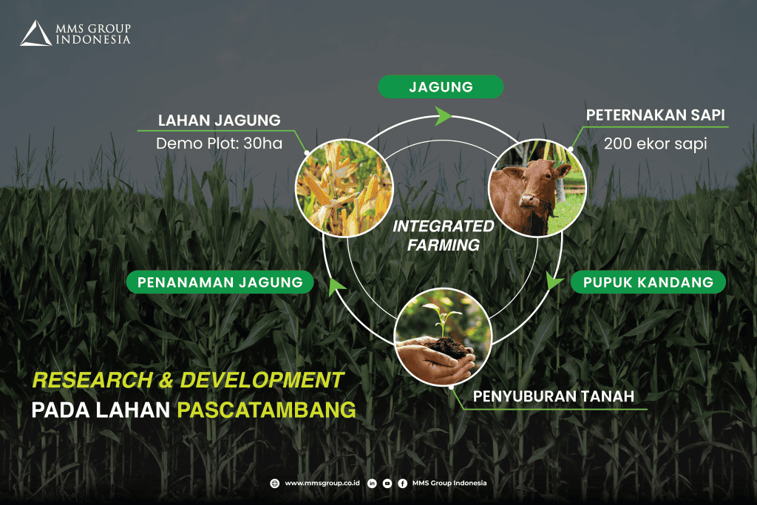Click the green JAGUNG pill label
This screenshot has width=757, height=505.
pos(441,87)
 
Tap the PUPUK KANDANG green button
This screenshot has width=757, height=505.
pos(648,282)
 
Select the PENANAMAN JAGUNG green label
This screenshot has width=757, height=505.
pos(220,282)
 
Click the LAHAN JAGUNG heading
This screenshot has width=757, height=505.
pos(219,121)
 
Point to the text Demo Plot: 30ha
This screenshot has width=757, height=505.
pos(219,143)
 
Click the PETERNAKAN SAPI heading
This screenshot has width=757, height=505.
pos(655,115)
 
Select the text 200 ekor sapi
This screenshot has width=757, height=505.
pos(655,143)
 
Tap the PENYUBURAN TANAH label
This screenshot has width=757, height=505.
pos(553,396)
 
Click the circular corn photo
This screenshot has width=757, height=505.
pos(344,189)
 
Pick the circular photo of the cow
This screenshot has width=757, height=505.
pos(537,188)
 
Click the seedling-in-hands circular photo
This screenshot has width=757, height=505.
pos(444,336)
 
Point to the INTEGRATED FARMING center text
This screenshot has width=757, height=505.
pos(444,236)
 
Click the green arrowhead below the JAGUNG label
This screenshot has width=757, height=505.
pos(442,116)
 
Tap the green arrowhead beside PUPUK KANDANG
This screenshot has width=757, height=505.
pos(554,280)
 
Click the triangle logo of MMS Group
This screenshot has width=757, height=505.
pos(35,33)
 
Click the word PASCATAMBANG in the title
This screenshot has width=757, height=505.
pos(266,410)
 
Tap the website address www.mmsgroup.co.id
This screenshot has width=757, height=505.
pos(322,483)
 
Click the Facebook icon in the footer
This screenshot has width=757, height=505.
pos(403,484)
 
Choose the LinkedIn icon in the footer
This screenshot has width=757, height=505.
pos(372,484)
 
